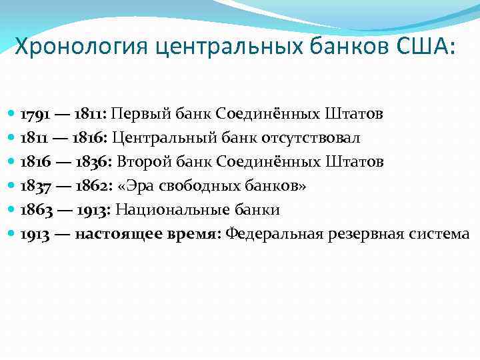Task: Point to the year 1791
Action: (x=34, y=114)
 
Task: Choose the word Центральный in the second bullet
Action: (x=155, y=138)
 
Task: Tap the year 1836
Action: (x=94, y=162)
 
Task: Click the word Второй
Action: (x=143, y=162)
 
